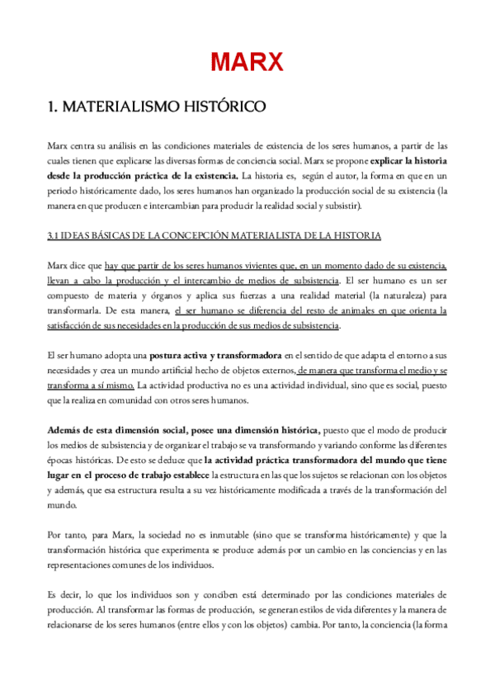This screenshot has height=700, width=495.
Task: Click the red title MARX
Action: click(247, 61)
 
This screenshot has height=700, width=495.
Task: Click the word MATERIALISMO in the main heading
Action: click(111, 107)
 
